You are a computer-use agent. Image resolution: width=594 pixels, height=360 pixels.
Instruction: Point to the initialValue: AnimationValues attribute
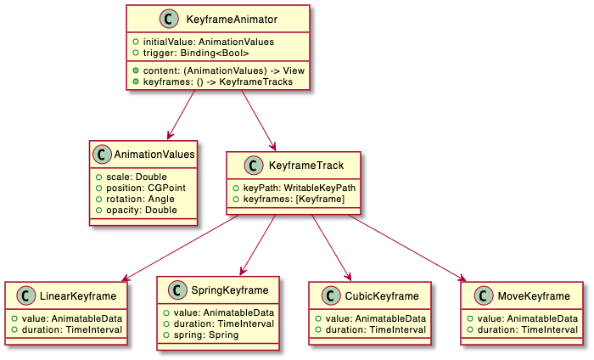click(x=198, y=42)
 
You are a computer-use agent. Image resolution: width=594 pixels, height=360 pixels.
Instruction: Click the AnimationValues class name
click(x=155, y=155)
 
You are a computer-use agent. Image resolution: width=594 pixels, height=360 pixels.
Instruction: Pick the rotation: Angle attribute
click(x=137, y=198)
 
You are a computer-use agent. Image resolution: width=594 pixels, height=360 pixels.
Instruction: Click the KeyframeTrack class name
click(x=306, y=166)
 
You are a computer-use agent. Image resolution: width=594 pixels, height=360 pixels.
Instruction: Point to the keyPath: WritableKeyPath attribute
click(x=294, y=187)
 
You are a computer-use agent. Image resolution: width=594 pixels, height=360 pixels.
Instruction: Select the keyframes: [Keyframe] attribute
click(x=289, y=199)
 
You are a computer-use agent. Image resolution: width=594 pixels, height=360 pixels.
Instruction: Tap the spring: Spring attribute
click(x=200, y=335)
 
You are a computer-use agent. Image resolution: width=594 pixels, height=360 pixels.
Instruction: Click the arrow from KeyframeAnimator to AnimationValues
click(x=182, y=115)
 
